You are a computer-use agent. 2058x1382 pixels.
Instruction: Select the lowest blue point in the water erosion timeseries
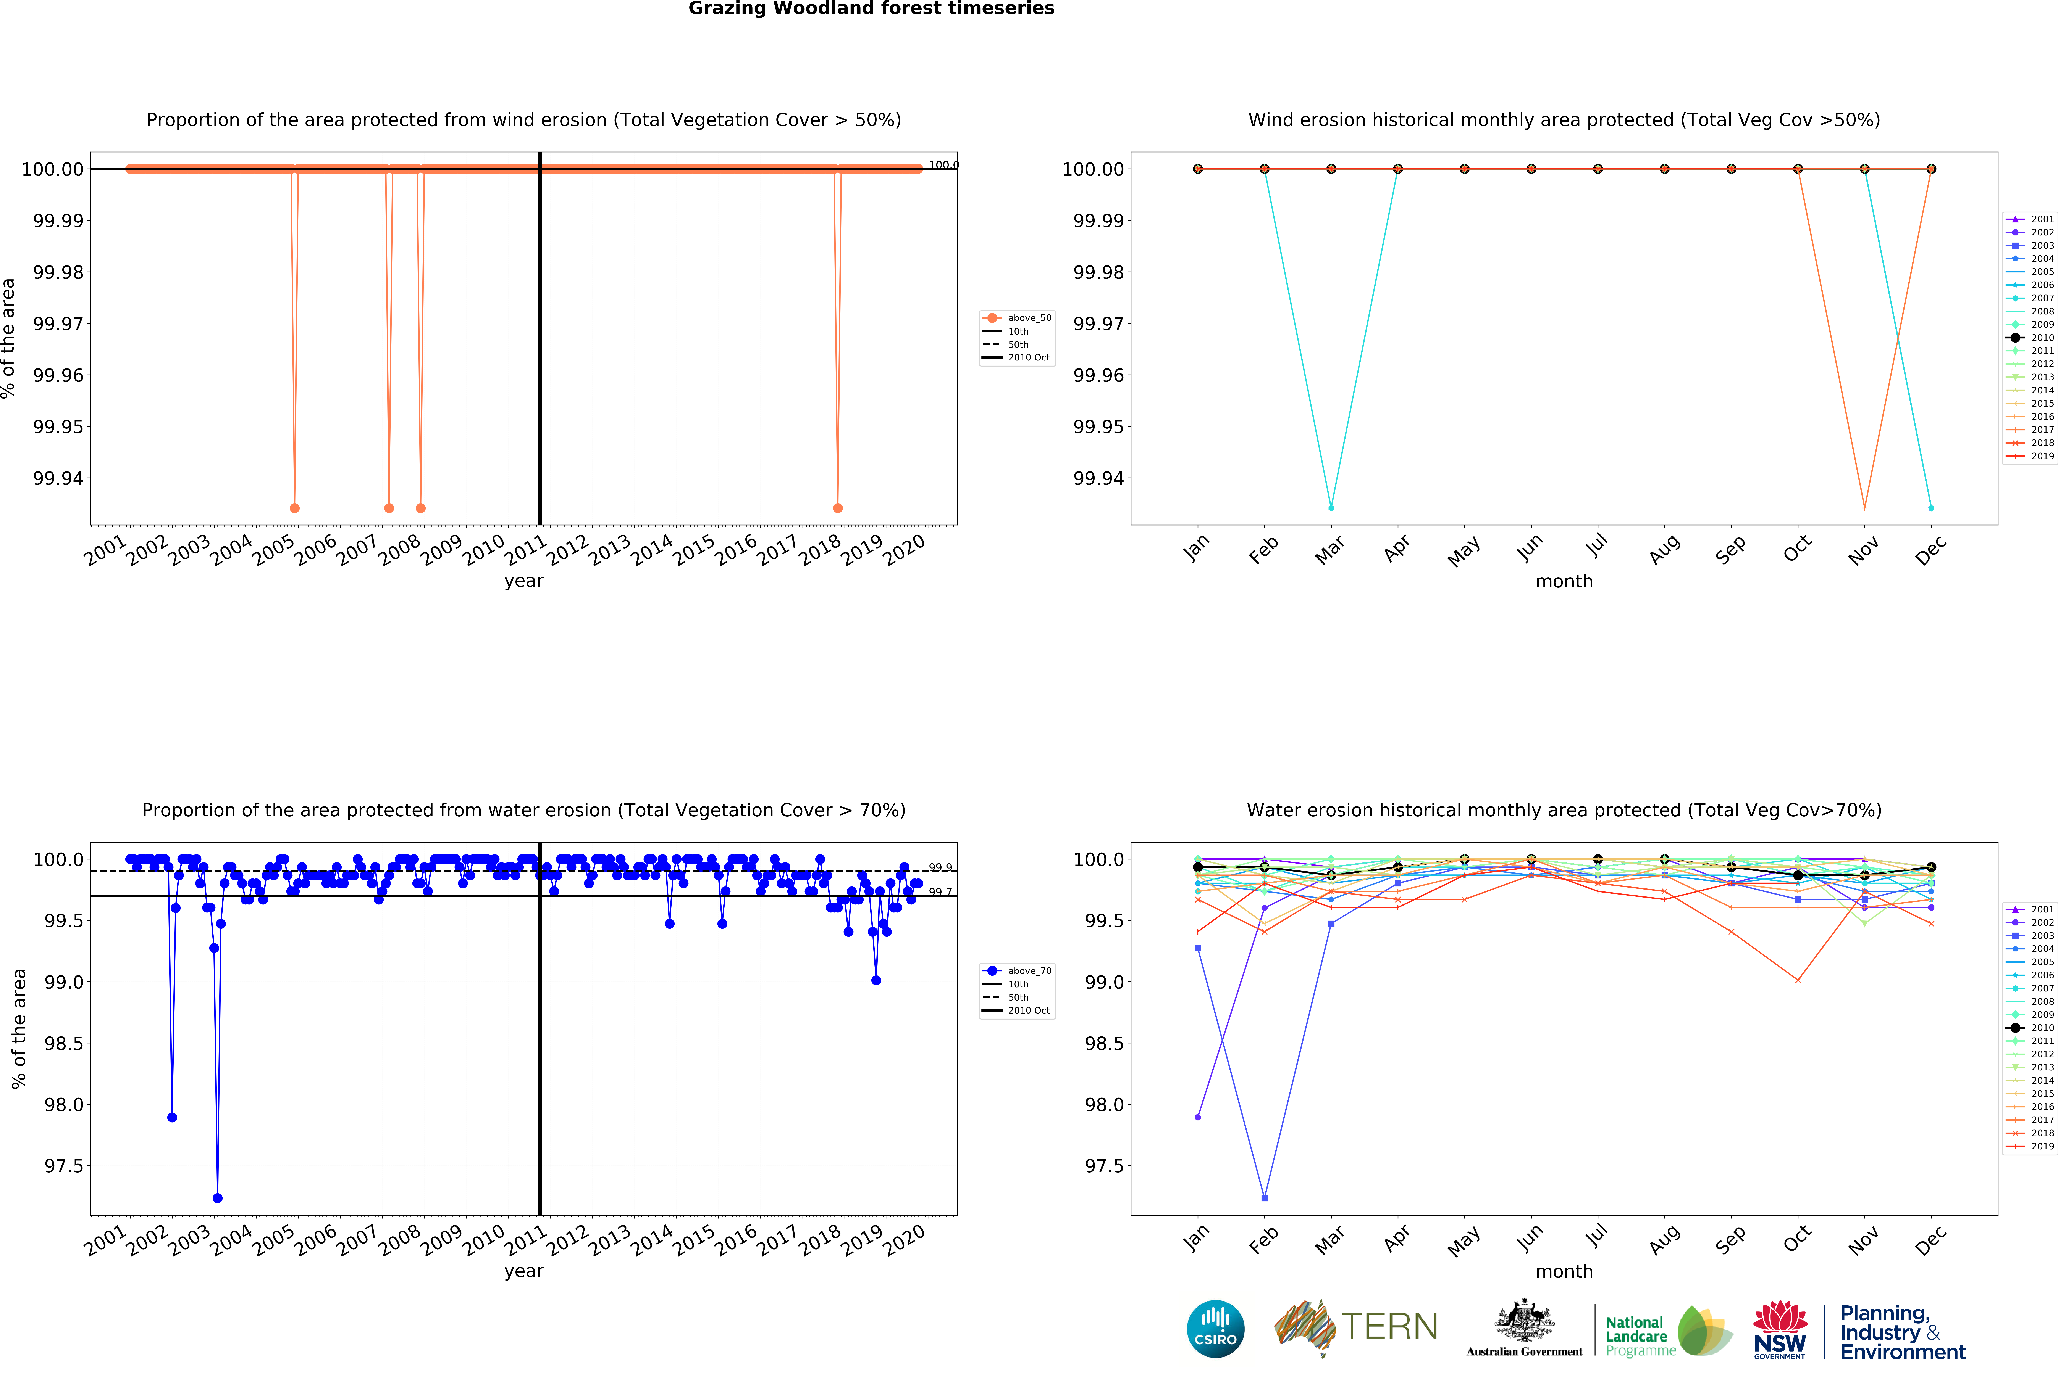pyautogui.click(x=218, y=1198)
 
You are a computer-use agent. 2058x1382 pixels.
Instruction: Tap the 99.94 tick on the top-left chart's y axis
pyautogui.click(x=58, y=479)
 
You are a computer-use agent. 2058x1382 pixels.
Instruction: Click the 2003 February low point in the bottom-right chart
pyautogui.click(x=1264, y=1198)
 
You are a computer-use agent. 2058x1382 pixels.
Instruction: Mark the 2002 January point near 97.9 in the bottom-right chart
pyautogui.click(x=1197, y=1117)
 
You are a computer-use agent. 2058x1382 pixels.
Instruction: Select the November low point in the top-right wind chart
pyautogui.click(x=1864, y=508)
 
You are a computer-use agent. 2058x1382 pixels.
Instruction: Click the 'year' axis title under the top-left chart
pyautogui.click(x=524, y=581)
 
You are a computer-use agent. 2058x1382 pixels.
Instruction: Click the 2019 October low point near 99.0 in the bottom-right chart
pyautogui.click(x=1798, y=980)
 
